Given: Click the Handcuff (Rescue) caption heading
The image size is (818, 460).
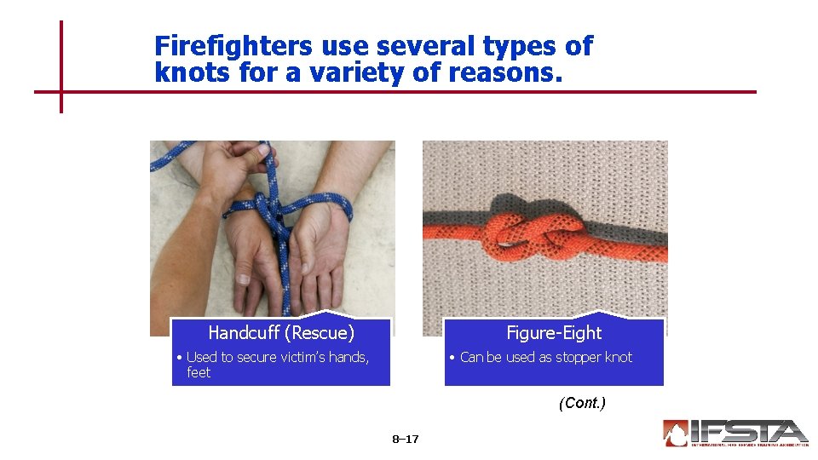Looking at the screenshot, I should (281, 332).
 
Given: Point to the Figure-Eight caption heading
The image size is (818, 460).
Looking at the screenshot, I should (554, 332).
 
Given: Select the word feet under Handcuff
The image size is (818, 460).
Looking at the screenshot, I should (199, 372).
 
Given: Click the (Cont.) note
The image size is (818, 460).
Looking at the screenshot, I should (582, 403).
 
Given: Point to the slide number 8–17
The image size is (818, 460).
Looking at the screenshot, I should (406, 440).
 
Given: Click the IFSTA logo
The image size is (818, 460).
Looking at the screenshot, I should (735, 433).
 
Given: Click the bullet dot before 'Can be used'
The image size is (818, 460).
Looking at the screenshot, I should (452, 358).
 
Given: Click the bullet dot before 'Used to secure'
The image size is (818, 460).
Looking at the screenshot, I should (179, 358).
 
